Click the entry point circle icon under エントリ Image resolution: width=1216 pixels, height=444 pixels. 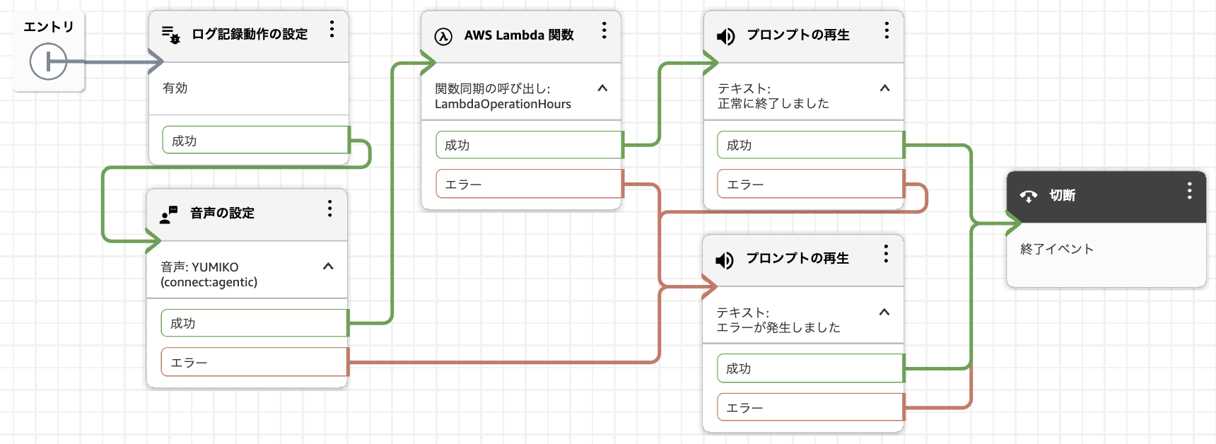tap(48, 62)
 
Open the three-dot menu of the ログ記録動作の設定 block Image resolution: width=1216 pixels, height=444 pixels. tap(332, 29)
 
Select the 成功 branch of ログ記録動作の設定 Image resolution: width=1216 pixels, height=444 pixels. tap(256, 140)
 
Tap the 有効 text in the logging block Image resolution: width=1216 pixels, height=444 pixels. tap(175, 88)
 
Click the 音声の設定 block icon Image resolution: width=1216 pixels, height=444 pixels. tap(168, 214)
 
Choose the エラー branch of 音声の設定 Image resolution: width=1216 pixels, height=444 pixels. tap(255, 362)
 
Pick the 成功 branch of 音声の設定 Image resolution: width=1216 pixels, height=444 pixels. tap(255, 323)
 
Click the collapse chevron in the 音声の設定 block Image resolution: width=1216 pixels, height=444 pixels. tap(328, 267)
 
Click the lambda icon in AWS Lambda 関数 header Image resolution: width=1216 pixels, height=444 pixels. tap(443, 36)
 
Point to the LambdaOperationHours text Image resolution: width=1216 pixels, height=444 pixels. tap(503, 104)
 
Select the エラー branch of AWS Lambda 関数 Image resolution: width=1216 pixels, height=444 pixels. tap(530, 184)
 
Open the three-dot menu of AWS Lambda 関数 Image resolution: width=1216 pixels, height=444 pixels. tap(604, 30)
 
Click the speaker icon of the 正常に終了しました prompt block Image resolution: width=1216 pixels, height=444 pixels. tap(726, 36)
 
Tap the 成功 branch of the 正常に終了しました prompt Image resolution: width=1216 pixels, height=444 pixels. tap(811, 145)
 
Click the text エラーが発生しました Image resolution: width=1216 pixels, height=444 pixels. tap(778, 327)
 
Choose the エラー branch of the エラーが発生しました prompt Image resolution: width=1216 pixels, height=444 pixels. tap(811, 407)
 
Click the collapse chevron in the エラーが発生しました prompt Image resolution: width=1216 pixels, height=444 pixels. tap(884, 312)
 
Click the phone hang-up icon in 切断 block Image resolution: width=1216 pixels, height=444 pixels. tap(1029, 197)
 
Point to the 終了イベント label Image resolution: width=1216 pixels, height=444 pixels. tap(1057, 249)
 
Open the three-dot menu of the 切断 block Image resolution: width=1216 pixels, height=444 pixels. tap(1190, 190)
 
